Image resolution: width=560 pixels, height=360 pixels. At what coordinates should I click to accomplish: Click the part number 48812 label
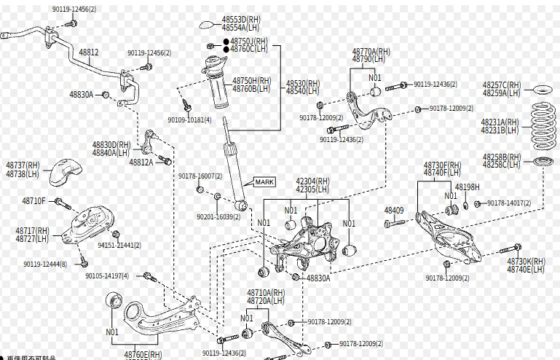pyautogui.click(x=89, y=52)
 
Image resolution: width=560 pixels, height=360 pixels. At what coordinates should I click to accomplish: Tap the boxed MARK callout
pyautogui.click(x=264, y=181)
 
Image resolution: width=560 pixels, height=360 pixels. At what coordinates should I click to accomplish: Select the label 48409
pyautogui.click(x=394, y=211)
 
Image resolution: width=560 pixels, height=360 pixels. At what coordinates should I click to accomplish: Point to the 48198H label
pyautogui.click(x=468, y=187)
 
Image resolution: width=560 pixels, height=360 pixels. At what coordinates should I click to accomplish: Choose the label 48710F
pyautogui.click(x=34, y=200)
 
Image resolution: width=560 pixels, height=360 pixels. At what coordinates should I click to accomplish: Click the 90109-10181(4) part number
pyautogui.click(x=189, y=120)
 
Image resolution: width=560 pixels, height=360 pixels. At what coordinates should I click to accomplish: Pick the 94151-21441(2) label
pyautogui.click(x=119, y=246)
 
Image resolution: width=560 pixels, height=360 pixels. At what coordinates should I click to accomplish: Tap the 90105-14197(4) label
pyautogui.click(x=107, y=276)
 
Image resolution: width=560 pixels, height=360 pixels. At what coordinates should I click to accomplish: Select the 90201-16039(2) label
pyautogui.click(x=218, y=216)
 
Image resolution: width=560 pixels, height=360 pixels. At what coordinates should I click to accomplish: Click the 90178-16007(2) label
pyautogui.click(x=200, y=176)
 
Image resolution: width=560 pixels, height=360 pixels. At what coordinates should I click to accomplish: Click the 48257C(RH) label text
pyautogui.click(x=502, y=85)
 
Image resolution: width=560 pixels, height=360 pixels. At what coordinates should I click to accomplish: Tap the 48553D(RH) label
pyautogui.click(x=241, y=19)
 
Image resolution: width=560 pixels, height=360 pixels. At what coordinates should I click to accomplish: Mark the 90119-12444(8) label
pyautogui.click(x=45, y=264)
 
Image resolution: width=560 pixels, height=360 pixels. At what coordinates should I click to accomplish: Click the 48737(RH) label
pyautogui.click(x=23, y=166)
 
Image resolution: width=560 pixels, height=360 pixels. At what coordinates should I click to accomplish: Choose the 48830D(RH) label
pyautogui.click(x=111, y=145)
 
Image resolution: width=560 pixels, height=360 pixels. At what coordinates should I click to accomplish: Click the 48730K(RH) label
pyautogui.click(x=526, y=261)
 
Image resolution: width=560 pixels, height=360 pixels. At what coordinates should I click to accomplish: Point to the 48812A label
pyautogui.click(x=141, y=162)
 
